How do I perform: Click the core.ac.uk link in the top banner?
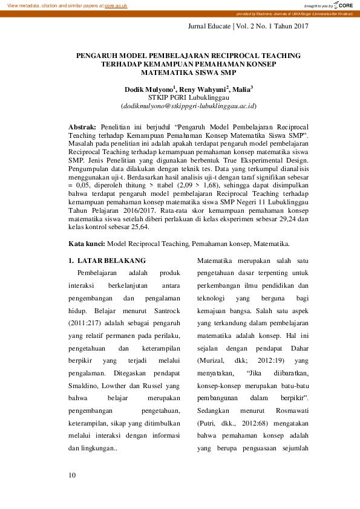tap(116, 5)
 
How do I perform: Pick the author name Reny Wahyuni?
tap(200, 89)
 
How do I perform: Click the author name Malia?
tap(241, 89)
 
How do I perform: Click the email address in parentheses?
tap(189, 105)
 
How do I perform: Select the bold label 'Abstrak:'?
tap(82, 129)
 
